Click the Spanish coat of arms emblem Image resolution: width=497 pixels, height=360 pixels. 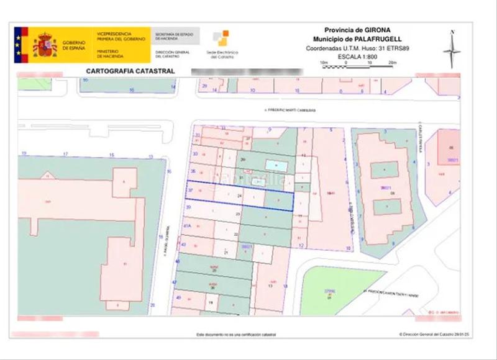[x=45, y=45]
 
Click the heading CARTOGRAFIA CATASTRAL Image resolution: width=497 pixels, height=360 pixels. [x=129, y=71]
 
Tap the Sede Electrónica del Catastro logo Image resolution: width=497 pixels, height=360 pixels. [x=219, y=43]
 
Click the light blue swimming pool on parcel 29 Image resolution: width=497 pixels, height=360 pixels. [x=276, y=166]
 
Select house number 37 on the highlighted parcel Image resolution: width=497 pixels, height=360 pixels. [x=190, y=190]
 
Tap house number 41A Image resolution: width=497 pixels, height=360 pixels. [x=186, y=227]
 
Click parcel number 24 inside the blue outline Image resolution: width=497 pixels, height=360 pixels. [x=240, y=196]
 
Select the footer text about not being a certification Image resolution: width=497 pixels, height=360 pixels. [x=236, y=335]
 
